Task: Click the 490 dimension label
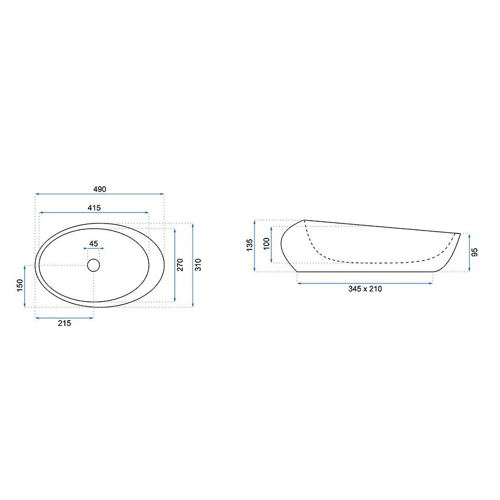point(99,189)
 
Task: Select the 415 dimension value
point(94,208)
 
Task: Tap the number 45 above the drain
point(94,244)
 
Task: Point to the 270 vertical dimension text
point(180,265)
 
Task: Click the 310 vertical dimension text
point(198,265)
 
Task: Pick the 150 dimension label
point(20,286)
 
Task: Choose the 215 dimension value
point(64,324)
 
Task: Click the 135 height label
point(249,245)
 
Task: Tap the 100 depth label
point(267,244)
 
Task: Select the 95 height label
point(475,252)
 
